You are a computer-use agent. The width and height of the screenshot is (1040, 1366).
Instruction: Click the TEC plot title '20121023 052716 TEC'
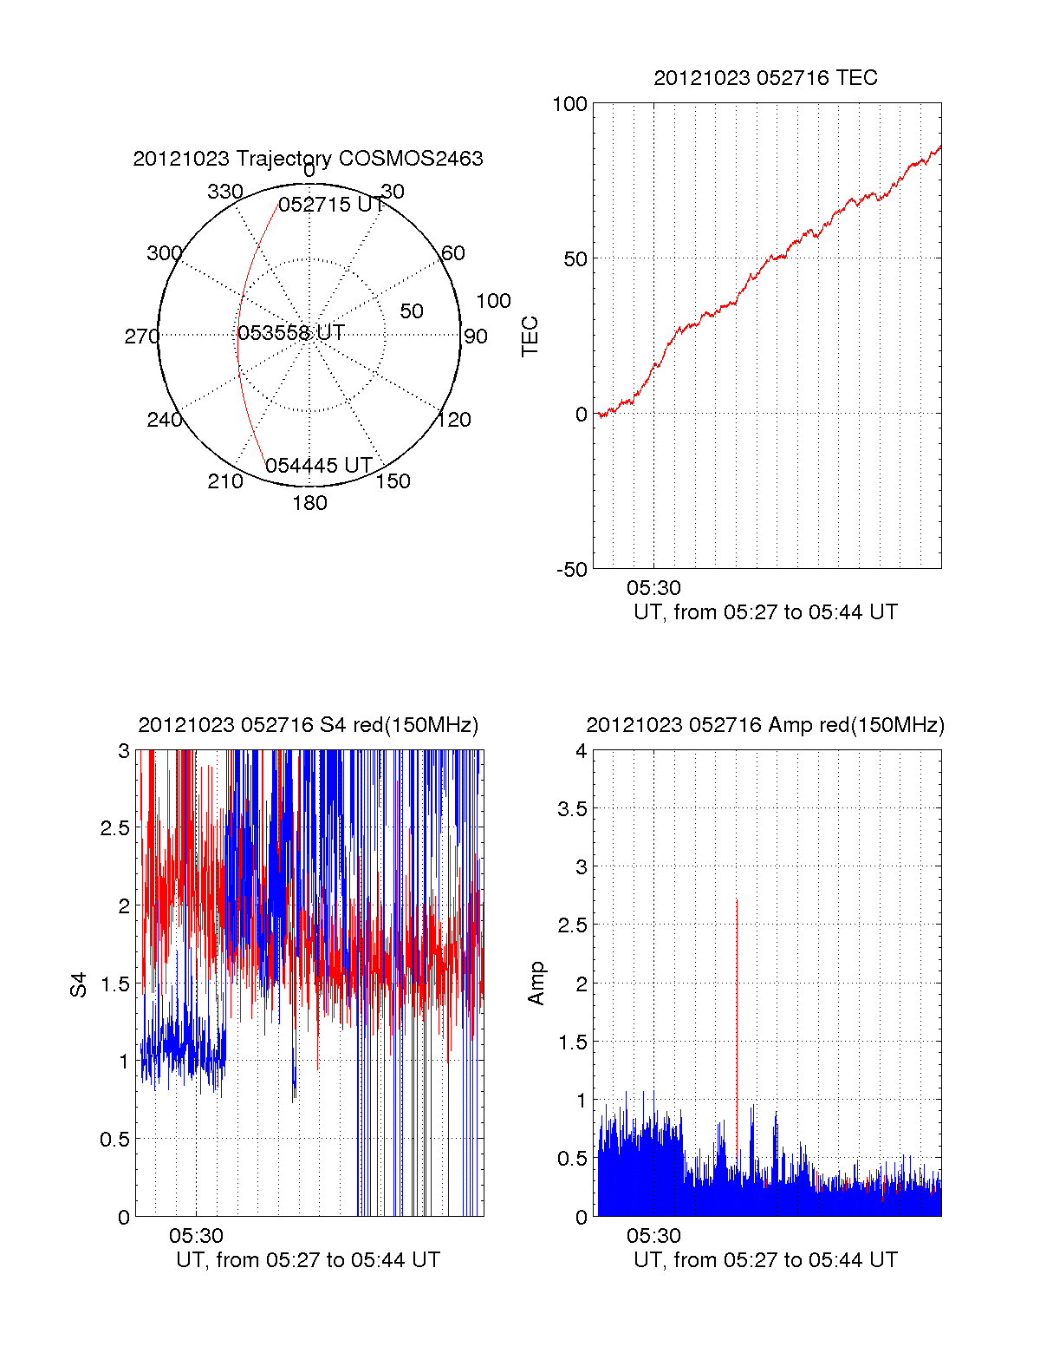click(765, 78)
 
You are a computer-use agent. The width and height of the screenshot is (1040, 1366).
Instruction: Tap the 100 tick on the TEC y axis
click(569, 104)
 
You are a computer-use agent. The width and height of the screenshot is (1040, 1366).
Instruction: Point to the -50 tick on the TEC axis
click(571, 570)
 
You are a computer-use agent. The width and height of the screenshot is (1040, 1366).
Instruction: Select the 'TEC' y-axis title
click(530, 337)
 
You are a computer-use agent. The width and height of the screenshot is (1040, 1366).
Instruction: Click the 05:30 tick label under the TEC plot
click(653, 588)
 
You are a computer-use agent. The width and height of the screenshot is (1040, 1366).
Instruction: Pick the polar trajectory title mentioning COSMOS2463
click(308, 159)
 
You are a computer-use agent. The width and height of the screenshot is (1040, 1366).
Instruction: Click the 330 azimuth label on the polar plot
click(224, 192)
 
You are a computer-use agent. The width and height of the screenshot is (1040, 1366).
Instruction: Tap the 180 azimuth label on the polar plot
click(309, 503)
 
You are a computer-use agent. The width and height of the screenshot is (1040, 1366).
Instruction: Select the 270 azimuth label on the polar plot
click(141, 337)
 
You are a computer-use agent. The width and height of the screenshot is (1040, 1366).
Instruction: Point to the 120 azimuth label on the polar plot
click(454, 420)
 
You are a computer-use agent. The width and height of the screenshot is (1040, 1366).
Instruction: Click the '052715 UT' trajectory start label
click(331, 205)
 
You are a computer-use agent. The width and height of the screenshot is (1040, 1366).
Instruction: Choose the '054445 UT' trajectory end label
click(319, 466)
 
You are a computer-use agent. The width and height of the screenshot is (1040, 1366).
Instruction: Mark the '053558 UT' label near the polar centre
click(291, 333)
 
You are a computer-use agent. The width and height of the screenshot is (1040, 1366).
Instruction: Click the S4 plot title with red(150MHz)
click(308, 725)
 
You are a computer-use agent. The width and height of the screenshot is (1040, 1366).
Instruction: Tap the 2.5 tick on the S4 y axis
click(115, 828)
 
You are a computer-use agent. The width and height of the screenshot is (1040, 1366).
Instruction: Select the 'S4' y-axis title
click(79, 984)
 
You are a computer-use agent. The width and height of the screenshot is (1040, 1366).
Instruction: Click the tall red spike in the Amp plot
click(737, 997)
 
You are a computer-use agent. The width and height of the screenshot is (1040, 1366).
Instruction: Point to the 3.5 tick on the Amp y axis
click(570, 809)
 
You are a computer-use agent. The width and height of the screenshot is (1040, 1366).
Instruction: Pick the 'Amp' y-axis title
click(536, 984)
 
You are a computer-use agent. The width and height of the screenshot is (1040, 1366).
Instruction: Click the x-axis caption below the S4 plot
click(308, 1260)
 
